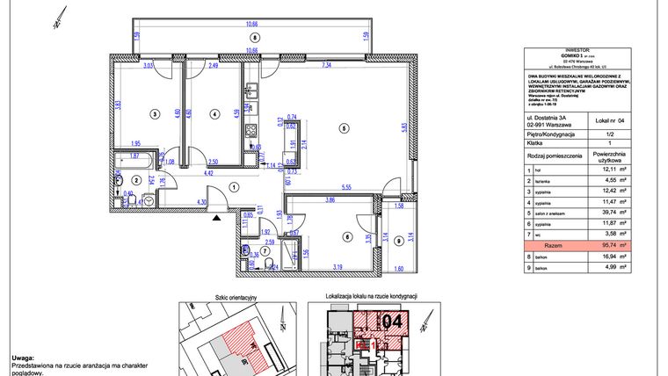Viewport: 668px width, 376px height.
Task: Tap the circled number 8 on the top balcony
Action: click(x=253, y=38)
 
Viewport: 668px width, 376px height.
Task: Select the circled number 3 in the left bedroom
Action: click(x=154, y=113)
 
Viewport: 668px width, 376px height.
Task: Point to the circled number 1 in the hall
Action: click(x=234, y=186)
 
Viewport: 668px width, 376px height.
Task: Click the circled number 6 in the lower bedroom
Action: click(x=346, y=235)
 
